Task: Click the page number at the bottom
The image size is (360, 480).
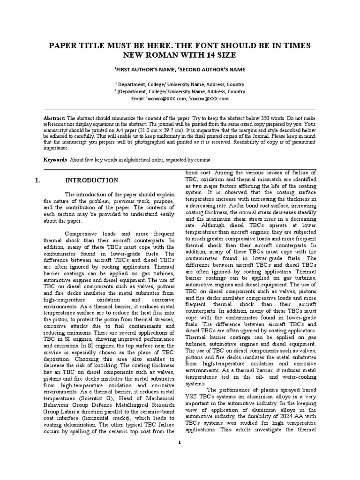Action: pos(180,442)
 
